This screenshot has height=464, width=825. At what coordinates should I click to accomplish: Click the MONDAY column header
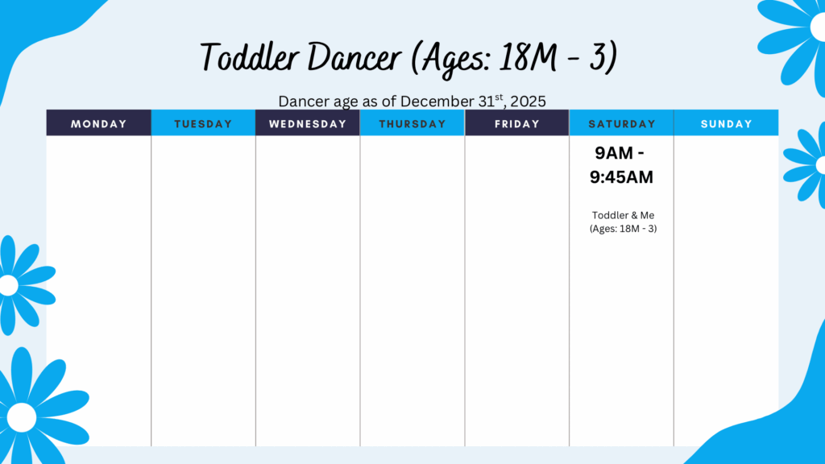pyautogui.click(x=98, y=123)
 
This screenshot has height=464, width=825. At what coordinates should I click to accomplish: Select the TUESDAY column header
pyautogui.click(x=203, y=123)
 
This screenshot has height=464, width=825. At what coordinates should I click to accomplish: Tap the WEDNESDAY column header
pyautogui.click(x=308, y=123)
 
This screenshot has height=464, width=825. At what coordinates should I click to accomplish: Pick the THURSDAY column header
pyautogui.click(x=412, y=123)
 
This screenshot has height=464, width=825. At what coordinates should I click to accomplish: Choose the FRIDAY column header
pyautogui.click(x=516, y=123)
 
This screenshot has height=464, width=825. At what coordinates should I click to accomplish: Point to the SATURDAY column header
pyautogui.click(x=621, y=123)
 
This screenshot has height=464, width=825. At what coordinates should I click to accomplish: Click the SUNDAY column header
pyautogui.click(x=726, y=123)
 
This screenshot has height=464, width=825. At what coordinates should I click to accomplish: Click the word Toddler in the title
pyautogui.click(x=250, y=57)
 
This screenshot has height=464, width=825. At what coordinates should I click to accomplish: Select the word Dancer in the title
pyautogui.click(x=354, y=57)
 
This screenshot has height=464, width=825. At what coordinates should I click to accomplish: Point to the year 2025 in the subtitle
pyautogui.click(x=529, y=101)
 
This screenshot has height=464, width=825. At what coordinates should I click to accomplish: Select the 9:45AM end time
pyautogui.click(x=621, y=177)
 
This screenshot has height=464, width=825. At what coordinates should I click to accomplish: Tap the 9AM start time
pyautogui.click(x=614, y=153)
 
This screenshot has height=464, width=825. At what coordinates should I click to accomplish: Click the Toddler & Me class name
pyautogui.click(x=623, y=215)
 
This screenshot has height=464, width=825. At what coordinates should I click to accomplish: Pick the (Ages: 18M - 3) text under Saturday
pyautogui.click(x=623, y=228)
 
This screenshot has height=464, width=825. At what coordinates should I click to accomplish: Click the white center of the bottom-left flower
pyautogui.click(x=22, y=417)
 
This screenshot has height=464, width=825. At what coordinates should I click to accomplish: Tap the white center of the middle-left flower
pyautogui.click(x=8, y=286)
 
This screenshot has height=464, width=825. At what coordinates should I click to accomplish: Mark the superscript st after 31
pyautogui.click(x=499, y=97)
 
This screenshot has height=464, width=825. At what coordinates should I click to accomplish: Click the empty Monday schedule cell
pyautogui.click(x=98, y=291)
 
